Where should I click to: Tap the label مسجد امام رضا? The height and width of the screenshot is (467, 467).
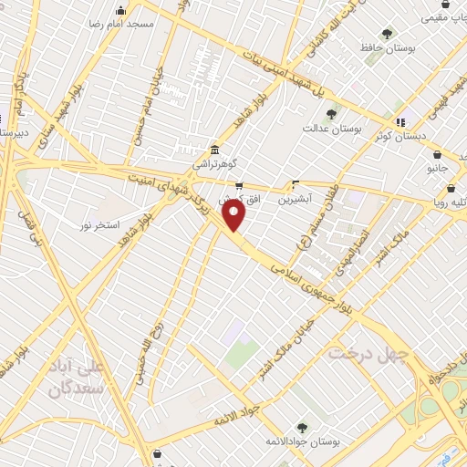(121, 23)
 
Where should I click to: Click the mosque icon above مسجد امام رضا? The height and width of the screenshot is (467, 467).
(121, 10)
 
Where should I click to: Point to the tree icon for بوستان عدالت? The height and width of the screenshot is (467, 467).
(330, 114)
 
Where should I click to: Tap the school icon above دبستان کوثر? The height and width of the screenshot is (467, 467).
(400, 121)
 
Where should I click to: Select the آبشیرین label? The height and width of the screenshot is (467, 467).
(297, 196)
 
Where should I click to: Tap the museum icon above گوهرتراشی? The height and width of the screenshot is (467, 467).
(213, 150)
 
